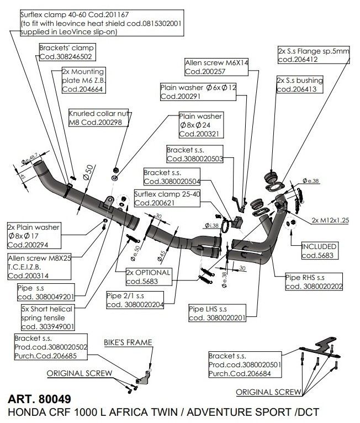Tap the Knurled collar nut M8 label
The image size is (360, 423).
[98, 118]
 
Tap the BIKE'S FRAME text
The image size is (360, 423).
[128, 343]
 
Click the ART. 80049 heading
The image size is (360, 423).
[39, 398]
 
